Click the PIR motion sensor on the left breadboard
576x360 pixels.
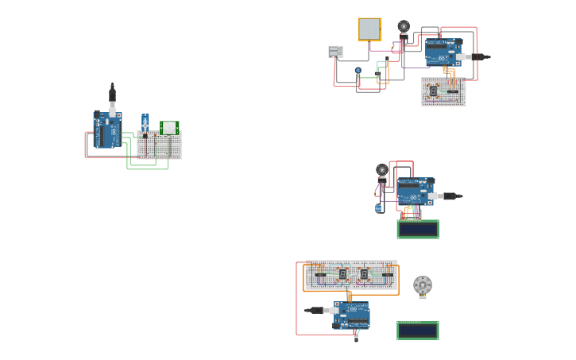click(x=169, y=127)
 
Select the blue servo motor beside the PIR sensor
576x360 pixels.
click(x=145, y=123)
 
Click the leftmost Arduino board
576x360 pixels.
click(x=107, y=130)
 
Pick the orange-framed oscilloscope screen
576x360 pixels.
click(x=369, y=29)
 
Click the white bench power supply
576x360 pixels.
click(x=336, y=52)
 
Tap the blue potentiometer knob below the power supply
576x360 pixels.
click(x=358, y=71)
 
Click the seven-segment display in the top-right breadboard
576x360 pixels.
click(x=433, y=91)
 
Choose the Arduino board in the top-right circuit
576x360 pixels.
click(x=443, y=52)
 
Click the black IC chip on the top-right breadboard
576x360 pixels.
click(x=453, y=91)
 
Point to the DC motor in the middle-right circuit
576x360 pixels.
click(x=382, y=170)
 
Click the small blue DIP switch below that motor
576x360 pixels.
click(x=378, y=208)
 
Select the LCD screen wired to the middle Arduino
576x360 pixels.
click(x=418, y=229)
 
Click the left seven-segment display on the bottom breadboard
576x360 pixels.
click(x=342, y=274)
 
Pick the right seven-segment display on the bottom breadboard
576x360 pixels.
click(x=364, y=274)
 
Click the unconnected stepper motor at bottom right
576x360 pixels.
click(x=423, y=285)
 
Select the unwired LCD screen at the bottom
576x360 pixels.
click(x=418, y=331)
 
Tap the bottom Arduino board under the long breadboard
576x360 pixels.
click(x=351, y=315)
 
